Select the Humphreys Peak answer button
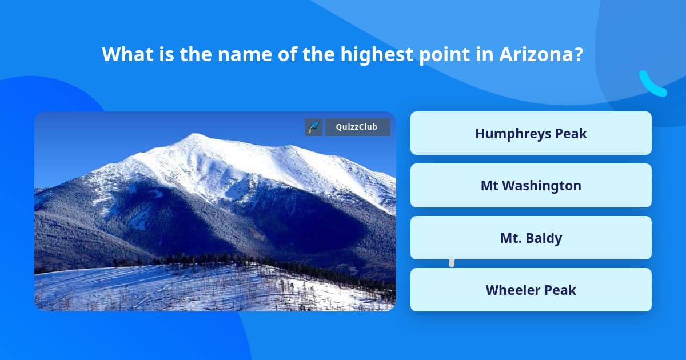pos(531,133)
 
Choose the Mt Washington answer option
pos(531,186)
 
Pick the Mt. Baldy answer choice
pos(531,238)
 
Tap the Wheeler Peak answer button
pos(531,290)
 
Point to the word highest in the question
pos(377,54)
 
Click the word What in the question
pos(127,54)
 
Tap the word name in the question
pos(245,55)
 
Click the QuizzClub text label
pos(357,127)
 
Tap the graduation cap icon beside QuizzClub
pos(313,127)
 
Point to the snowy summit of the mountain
pos(196,135)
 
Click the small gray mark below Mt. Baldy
pos(452,263)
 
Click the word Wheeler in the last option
pos(508,290)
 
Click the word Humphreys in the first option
pos(513,134)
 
